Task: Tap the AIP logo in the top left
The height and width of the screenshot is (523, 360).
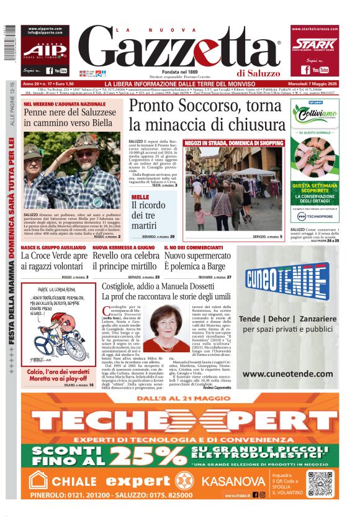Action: [43, 50]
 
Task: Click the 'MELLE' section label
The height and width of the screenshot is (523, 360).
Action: [140, 198]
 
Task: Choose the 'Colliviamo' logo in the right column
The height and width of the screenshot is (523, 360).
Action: [314, 117]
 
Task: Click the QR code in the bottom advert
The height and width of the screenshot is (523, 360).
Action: [320, 484]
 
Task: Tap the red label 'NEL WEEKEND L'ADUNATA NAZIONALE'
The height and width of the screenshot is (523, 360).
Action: [65, 104]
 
